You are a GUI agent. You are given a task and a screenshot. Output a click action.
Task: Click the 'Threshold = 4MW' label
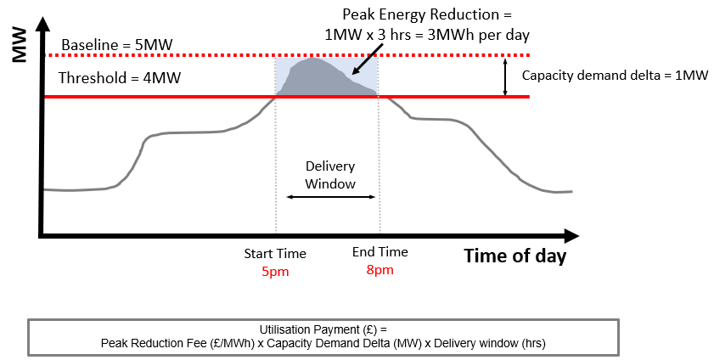[x=120, y=78]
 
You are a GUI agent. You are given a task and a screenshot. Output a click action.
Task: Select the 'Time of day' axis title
[x=514, y=256]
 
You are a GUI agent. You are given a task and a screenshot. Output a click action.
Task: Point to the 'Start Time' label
[x=275, y=253]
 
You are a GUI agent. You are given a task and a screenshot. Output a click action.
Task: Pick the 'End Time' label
[x=380, y=252]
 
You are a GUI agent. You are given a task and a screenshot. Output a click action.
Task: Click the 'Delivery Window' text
[x=329, y=175]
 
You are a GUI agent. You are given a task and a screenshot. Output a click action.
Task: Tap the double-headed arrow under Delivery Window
[x=329, y=197]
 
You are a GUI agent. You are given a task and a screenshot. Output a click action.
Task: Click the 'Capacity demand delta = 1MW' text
[x=615, y=76]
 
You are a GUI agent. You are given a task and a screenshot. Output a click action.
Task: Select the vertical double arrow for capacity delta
[x=505, y=76]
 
